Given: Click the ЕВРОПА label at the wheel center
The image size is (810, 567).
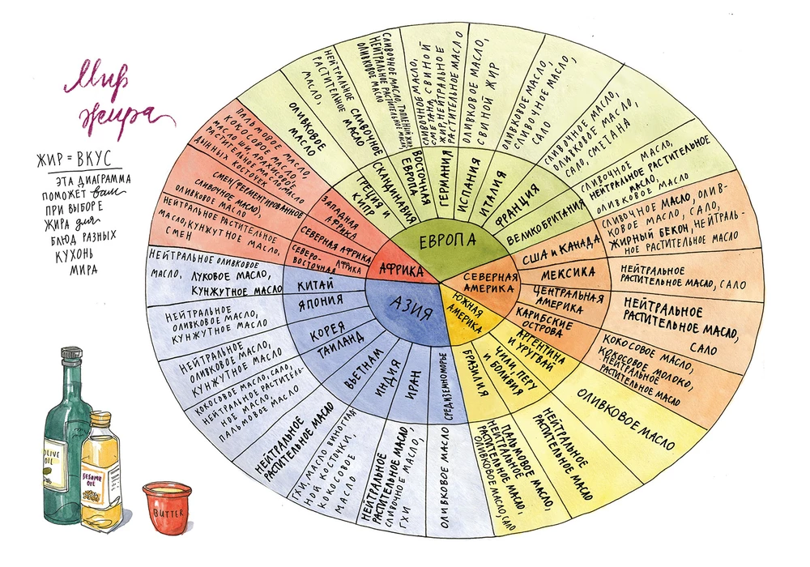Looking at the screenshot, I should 447,242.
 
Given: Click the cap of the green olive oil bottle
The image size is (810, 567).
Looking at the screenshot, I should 70,354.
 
